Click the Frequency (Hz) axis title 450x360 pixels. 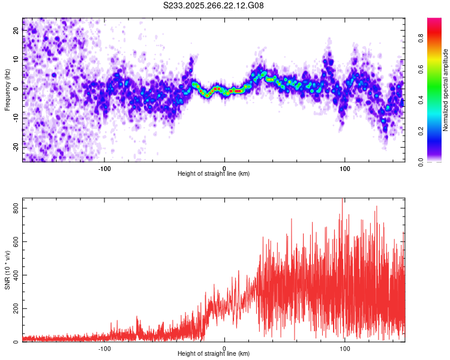(7, 89)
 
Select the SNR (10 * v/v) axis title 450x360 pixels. (7, 269)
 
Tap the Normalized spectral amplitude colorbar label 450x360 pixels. (446, 89)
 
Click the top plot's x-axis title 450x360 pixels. (214, 173)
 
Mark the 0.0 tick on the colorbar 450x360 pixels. (421, 161)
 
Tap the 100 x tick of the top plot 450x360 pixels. (345, 167)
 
